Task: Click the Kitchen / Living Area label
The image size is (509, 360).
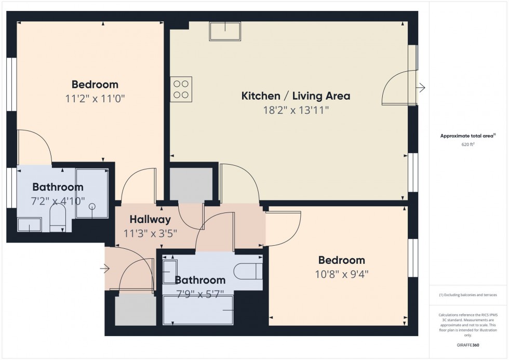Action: coord(296,96)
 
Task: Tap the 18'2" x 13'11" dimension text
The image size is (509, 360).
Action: coord(296,110)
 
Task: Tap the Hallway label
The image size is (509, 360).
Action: coord(150,220)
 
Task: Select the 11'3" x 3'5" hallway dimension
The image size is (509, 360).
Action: coord(150,233)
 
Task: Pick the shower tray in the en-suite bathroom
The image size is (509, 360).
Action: coord(92,193)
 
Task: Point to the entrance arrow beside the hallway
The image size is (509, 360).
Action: coord(105,269)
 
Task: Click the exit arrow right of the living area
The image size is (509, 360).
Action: coord(421,88)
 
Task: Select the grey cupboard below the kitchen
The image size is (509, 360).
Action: coord(191,184)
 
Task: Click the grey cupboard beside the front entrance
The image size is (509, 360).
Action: coord(135,311)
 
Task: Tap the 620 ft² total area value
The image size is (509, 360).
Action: coord(468,145)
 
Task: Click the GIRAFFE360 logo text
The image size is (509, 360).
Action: coord(468,344)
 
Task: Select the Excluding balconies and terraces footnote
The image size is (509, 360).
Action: coord(468,295)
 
